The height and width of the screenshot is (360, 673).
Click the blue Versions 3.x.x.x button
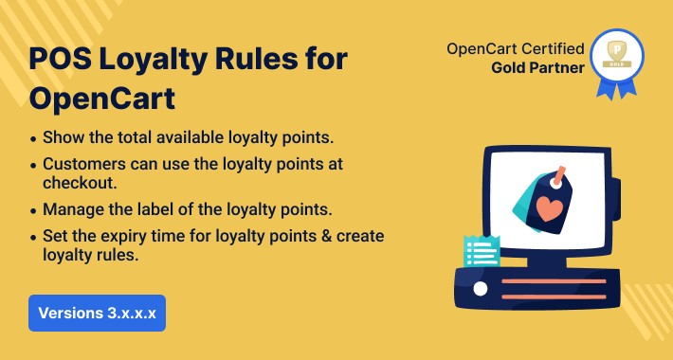[97, 313]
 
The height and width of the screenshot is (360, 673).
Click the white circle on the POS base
[481, 288]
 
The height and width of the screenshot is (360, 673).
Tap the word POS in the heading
[57, 59]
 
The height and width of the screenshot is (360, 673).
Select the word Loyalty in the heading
[150, 59]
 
